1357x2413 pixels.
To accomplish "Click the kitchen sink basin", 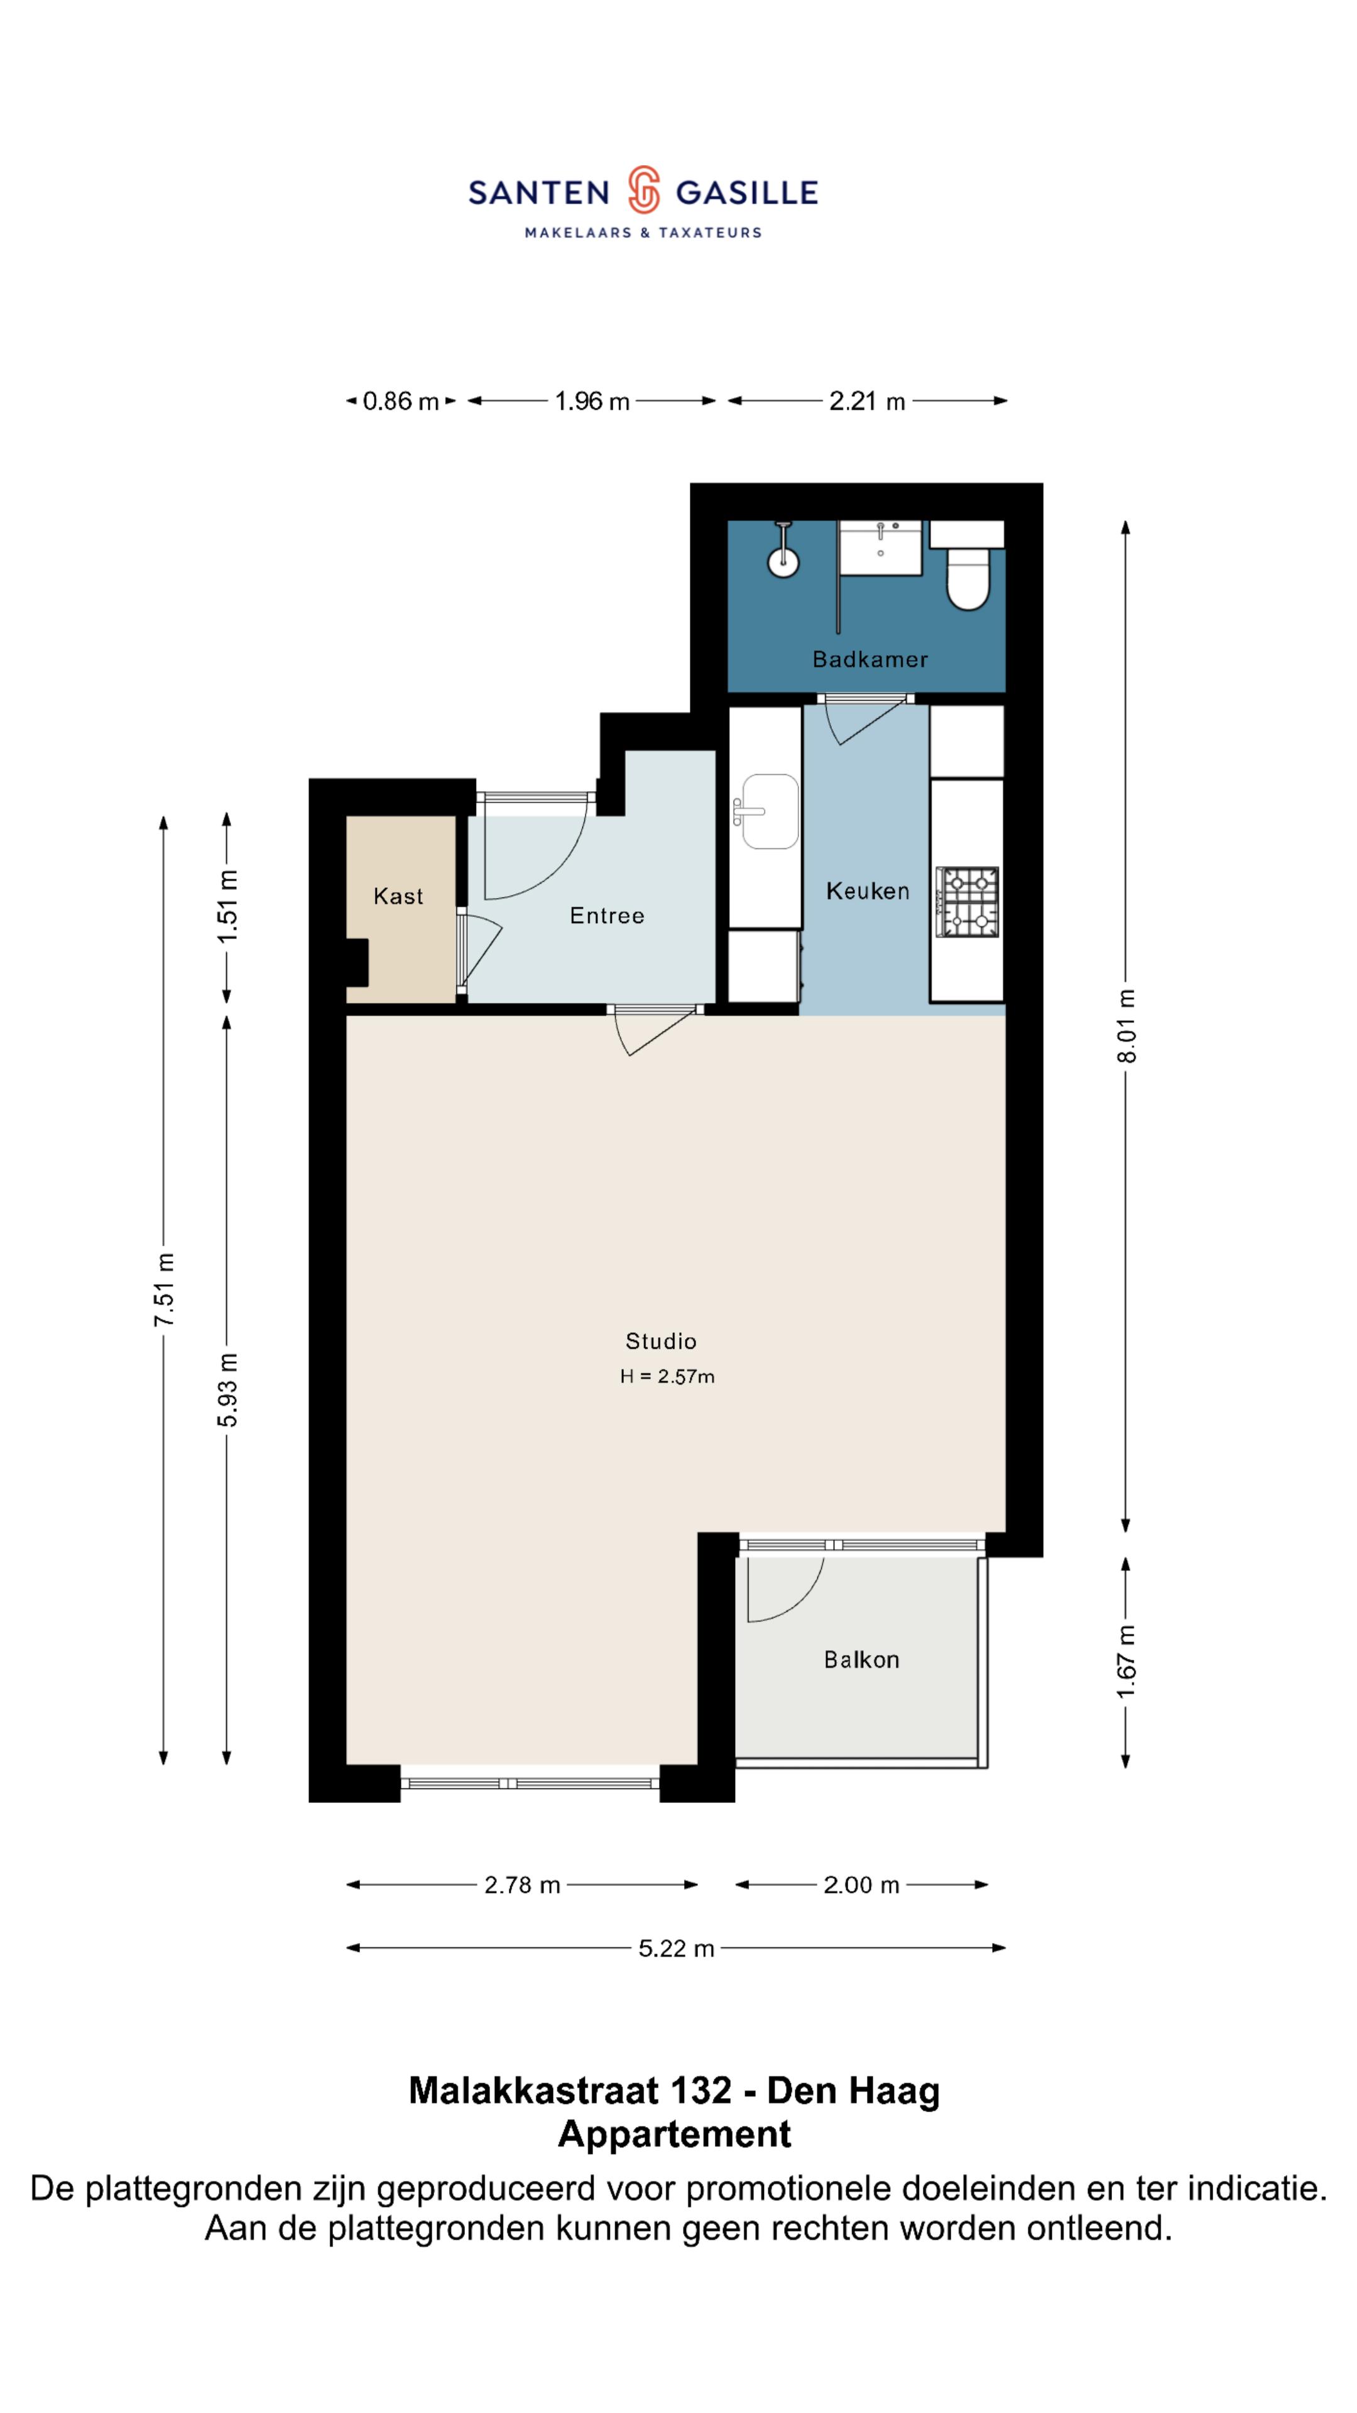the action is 770,811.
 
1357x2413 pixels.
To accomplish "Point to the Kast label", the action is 398,897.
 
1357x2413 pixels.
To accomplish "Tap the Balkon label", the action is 861,1660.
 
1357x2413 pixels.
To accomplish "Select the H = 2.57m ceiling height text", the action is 667,1376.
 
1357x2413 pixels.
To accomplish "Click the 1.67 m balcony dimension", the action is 1126,1661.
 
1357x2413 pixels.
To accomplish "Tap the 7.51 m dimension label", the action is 165,1289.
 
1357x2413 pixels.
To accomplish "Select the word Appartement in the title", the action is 674,2134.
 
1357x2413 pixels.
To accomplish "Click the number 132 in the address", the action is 702,2091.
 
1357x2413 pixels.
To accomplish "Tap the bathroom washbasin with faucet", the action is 880,548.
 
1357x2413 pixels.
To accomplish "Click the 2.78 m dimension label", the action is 521,1885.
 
